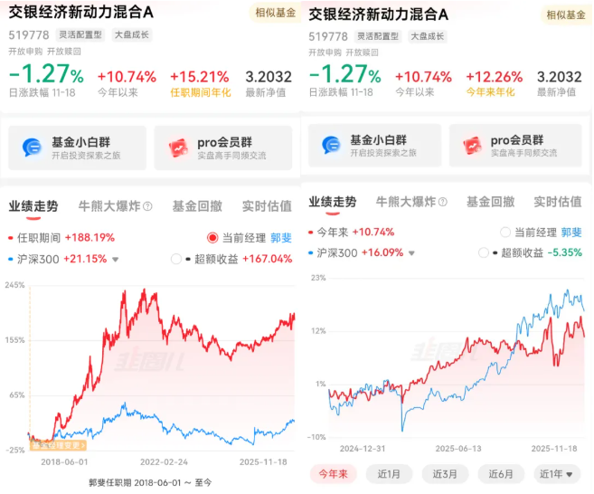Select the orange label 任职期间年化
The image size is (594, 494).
click(x=200, y=92)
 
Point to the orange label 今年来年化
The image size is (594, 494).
click(x=495, y=92)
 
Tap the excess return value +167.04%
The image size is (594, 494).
click(x=268, y=259)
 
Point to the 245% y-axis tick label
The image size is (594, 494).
click(x=14, y=285)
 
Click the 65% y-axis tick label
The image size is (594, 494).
click(x=15, y=395)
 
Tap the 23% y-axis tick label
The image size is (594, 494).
click(x=317, y=279)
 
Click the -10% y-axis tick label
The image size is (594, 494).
click(x=316, y=437)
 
